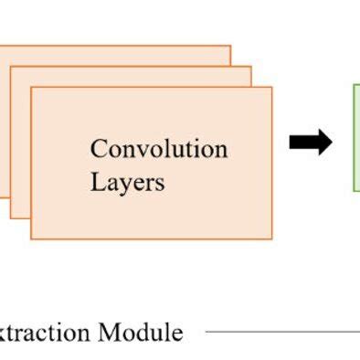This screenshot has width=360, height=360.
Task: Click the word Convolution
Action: pos(159,149)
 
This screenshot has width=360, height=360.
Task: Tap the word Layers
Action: pos(127,182)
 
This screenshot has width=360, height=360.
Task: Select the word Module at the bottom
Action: pos(141,332)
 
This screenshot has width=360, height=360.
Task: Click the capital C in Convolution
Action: pos(98,149)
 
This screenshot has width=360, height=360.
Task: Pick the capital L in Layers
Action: pos(96,182)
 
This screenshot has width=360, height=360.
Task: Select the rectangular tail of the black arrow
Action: pos(300,143)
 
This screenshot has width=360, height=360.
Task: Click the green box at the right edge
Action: pos(356,137)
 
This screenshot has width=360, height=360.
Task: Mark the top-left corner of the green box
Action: pos(354,85)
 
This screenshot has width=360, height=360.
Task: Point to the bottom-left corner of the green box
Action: pos(354,190)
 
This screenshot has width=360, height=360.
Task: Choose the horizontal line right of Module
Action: pos(283,332)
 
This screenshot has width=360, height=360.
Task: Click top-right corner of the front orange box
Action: pos(271,88)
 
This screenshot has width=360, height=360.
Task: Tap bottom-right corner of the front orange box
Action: pos(271,238)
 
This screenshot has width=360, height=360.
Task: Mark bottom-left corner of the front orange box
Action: pos(31,238)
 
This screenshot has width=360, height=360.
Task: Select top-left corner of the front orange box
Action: pos(31,88)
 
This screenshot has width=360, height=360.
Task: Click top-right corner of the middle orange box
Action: pos(250,67)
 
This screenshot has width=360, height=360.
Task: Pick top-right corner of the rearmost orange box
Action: pos(230,46)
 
